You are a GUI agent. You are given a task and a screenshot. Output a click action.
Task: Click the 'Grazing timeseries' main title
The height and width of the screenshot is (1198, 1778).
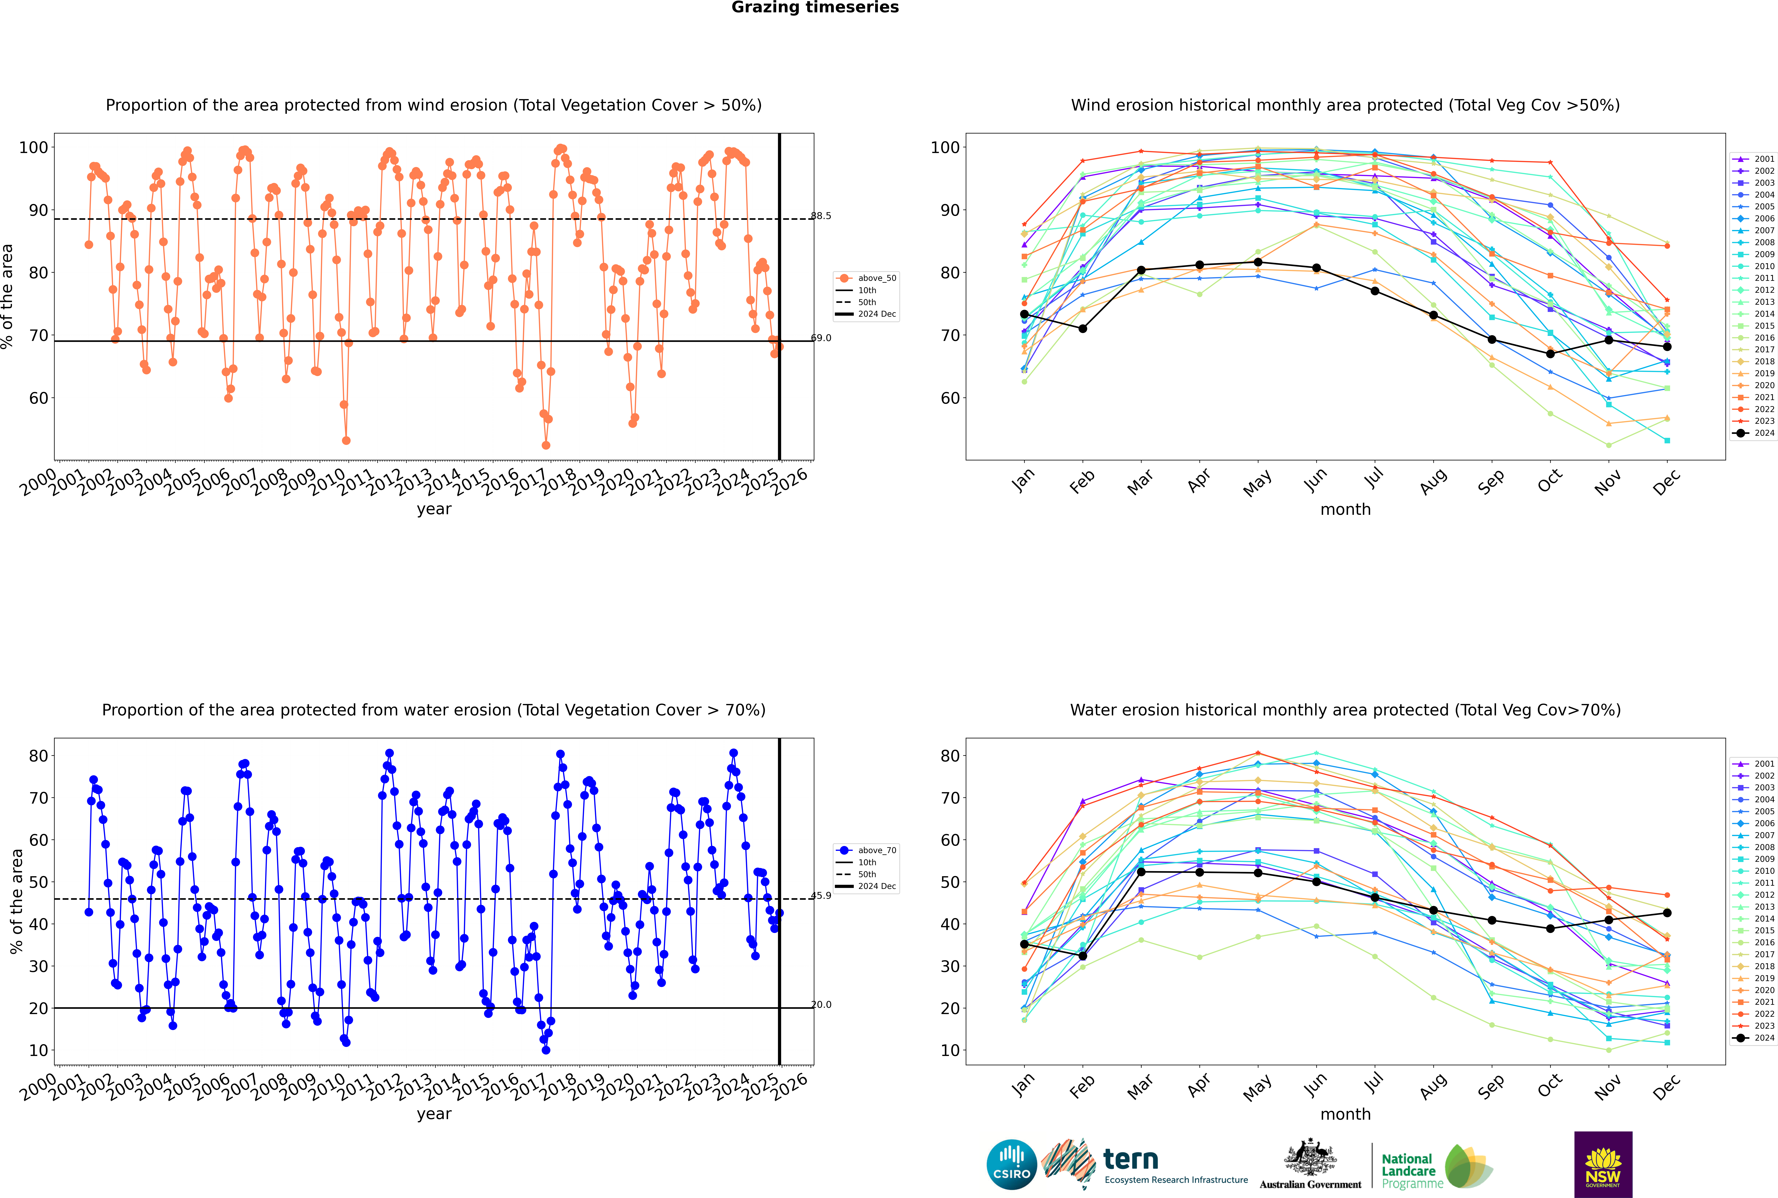(815, 8)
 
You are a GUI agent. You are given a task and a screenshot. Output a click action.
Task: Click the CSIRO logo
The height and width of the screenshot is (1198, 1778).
(1011, 1164)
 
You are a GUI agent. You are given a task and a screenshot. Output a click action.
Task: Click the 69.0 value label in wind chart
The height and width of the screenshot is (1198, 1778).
(821, 338)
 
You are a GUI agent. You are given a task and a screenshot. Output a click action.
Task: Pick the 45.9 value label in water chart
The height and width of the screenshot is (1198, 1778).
(821, 895)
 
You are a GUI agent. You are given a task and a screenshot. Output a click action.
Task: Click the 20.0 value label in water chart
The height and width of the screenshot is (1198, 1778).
(821, 1005)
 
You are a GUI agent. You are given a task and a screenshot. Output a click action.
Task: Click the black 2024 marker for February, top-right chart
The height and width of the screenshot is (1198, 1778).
(1082, 329)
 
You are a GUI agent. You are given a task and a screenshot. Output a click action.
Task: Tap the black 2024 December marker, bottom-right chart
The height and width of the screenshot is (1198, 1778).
(1667, 913)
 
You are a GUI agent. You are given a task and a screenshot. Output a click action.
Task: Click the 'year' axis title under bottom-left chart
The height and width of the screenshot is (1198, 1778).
(433, 1114)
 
